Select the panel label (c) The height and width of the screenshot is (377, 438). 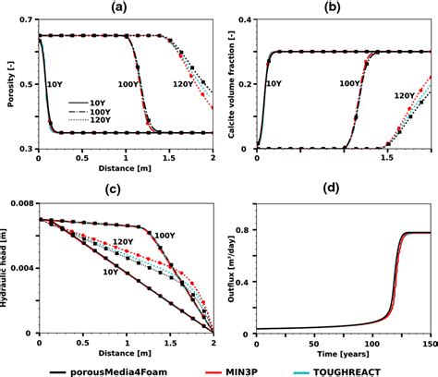click(125, 189)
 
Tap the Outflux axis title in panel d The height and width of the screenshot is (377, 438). click(225, 267)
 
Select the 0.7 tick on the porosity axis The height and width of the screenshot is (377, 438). click(26, 19)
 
